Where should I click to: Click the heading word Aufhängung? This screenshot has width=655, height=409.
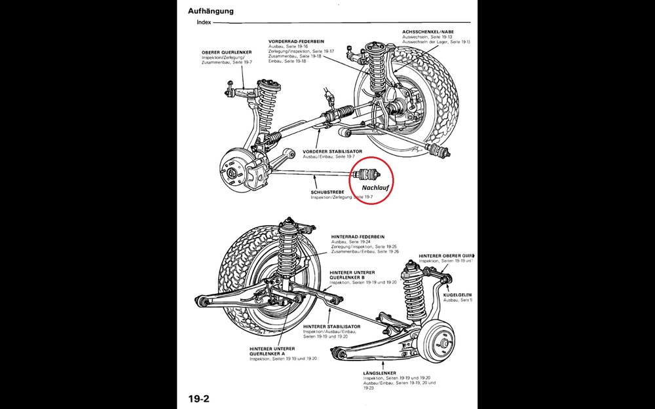pyautogui.click(x=211, y=11)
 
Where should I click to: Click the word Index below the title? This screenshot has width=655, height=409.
pyautogui.click(x=204, y=22)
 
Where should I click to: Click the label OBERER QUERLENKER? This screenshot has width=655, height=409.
pyautogui.click(x=224, y=52)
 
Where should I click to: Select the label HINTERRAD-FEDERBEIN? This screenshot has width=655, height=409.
pyautogui.click(x=358, y=236)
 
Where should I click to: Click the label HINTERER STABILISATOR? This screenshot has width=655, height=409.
pyautogui.click(x=331, y=325)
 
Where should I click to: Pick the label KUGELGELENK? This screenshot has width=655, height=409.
pyautogui.click(x=458, y=294)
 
